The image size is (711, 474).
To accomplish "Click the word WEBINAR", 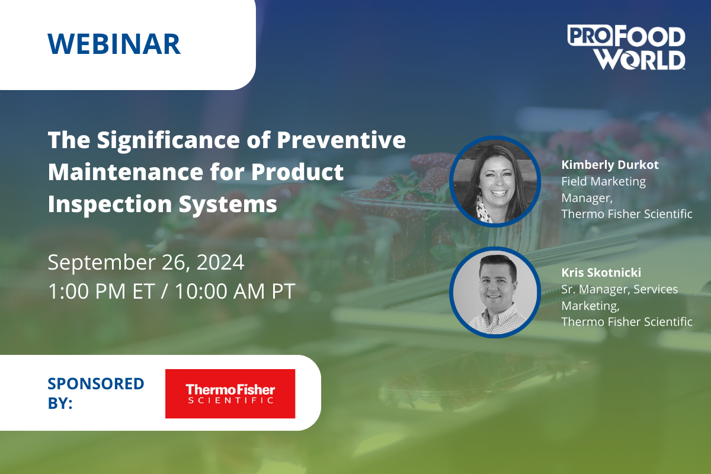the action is click(x=114, y=44).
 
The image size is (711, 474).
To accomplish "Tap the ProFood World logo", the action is click(x=626, y=47).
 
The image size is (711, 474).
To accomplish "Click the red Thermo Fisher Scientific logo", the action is click(x=230, y=393).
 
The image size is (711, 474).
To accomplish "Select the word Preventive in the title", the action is click(x=341, y=140).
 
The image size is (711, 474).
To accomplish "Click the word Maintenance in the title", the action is click(x=126, y=172).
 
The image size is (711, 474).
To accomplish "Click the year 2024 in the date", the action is click(x=220, y=262).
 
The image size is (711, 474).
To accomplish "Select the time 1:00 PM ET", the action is click(x=101, y=291).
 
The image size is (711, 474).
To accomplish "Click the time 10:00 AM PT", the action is click(x=235, y=291).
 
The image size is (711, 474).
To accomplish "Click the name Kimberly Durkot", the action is click(x=610, y=165).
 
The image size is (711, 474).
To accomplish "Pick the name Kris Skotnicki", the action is click(x=601, y=273).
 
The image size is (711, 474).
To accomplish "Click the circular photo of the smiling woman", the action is click(x=495, y=181).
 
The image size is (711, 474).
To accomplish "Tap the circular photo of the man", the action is click(x=495, y=292).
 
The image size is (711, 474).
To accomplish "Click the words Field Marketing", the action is click(x=604, y=182).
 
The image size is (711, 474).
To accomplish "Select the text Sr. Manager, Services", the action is click(x=620, y=290).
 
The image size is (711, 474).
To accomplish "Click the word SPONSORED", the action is click(x=96, y=383).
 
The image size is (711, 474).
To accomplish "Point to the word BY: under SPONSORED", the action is click(x=60, y=403).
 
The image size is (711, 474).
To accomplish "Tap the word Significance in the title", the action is click(x=168, y=140).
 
